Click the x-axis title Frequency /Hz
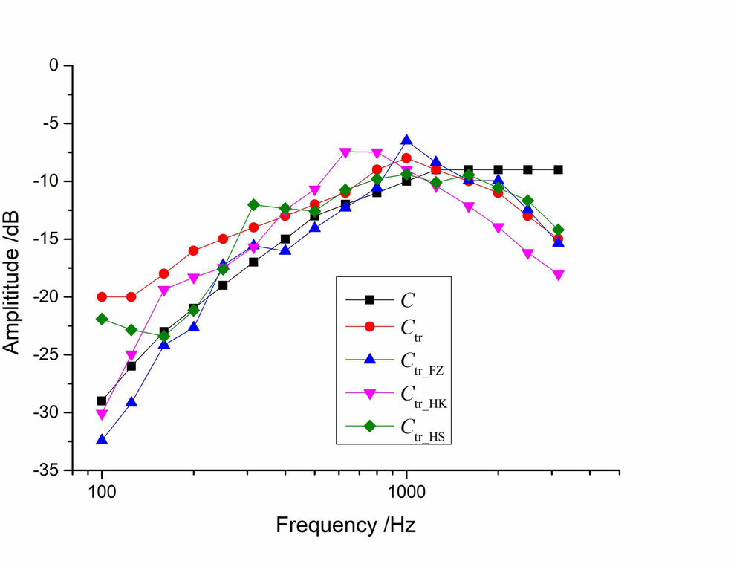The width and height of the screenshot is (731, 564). [x=345, y=525]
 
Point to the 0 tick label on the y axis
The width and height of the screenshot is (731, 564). [x=53, y=65]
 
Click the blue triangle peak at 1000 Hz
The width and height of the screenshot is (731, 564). [x=406, y=140]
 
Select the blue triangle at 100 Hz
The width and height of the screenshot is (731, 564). [x=102, y=440]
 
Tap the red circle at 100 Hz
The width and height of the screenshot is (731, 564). [x=102, y=296]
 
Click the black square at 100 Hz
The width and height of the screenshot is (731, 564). [x=102, y=401]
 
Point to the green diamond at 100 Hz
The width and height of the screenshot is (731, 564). [x=102, y=319]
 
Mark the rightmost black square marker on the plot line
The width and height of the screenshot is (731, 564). [x=558, y=169]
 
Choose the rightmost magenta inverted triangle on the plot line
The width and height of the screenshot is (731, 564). [x=558, y=275]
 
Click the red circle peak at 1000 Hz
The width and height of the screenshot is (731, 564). [x=406, y=158]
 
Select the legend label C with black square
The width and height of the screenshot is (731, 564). [x=408, y=301]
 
